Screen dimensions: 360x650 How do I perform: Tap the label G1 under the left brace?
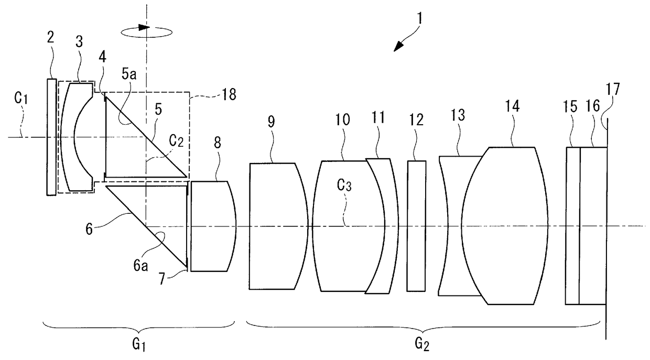tap(140, 344)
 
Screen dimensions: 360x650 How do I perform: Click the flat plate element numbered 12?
tap(416, 225)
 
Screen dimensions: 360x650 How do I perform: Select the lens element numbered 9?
tap(275, 225)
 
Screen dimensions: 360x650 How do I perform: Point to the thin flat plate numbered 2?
tap(51, 137)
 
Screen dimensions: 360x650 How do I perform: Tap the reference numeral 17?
tap(612, 90)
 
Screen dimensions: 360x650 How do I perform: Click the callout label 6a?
tap(141, 266)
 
